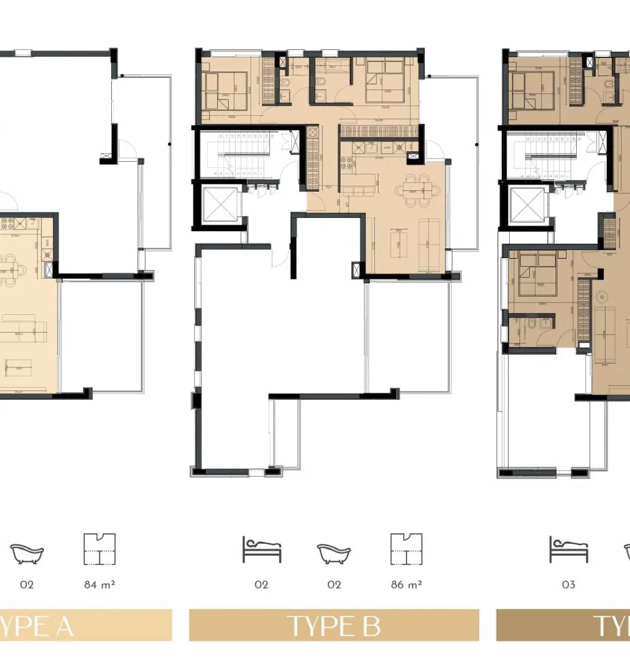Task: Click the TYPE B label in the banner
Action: point(333,626)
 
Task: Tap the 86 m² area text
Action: point(407,585)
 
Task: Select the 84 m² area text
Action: point(100,585)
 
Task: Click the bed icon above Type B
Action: point(261,550)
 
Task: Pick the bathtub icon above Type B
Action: point(333,553)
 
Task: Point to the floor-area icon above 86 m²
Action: point(407,549)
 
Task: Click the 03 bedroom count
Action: point(568,585)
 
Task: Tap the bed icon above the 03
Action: point(568,550)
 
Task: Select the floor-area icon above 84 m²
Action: point(100,549)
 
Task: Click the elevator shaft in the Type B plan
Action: point(218,204)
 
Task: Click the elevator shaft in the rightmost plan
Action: point(523,204)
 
